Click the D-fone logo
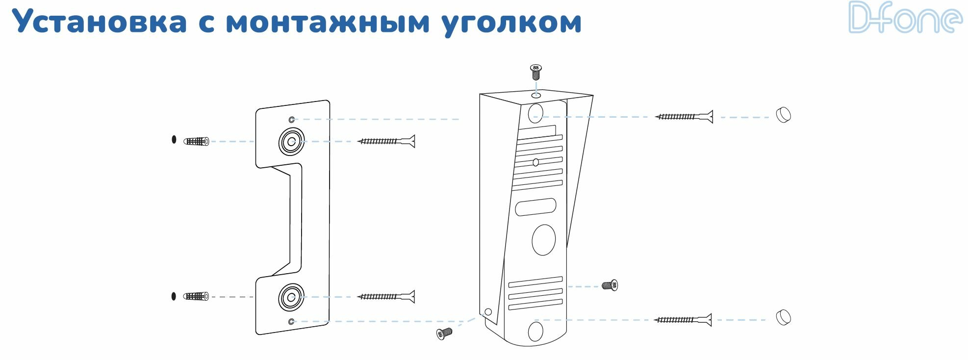[905, 18]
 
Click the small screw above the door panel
[536, 72]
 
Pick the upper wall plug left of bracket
[197, 141]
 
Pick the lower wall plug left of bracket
[196, 296]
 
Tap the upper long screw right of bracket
[387, 141]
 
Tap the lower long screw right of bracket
[387, 296]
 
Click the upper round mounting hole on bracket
[291, 142]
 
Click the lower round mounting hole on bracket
[291, 297]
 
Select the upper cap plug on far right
[783, 115]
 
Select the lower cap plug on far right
[783, 317]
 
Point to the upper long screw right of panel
[684, 117]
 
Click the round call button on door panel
[543, 240]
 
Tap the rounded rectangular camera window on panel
[535, 207]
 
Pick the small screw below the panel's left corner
[444, 334]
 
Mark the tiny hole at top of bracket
[291, 120]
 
